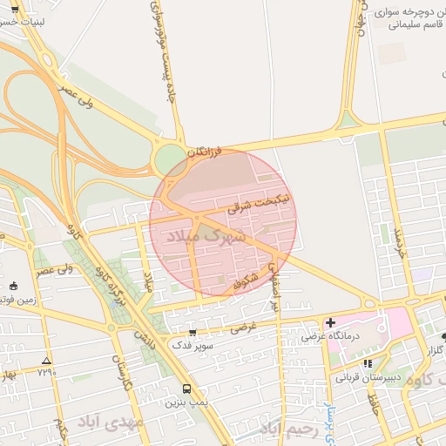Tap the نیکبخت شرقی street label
tap(252, 208)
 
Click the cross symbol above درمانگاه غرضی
tap(330, 323)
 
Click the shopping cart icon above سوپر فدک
tap(193, 332)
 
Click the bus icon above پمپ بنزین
tap(186, 389)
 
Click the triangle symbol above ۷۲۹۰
tap(46, 361)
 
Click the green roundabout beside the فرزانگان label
tap(166, 159)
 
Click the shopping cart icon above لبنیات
tap(15, 8)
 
